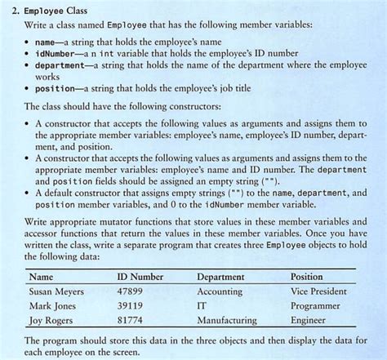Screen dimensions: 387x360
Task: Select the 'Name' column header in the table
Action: (x=41, y=278)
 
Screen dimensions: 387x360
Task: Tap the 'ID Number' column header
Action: (x=140, y=278)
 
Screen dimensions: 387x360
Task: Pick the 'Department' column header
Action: (x=220, y=278)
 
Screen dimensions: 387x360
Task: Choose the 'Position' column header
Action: (x=307, y=278)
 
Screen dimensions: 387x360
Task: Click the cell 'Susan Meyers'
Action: (x=56, y=291)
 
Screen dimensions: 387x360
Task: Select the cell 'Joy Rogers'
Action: (x=51, y=321)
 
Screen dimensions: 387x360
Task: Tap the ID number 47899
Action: (x=130, y=291)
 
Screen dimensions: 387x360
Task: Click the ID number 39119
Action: (x=130, y=306)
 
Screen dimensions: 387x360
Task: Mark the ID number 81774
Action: (x=130, y=321)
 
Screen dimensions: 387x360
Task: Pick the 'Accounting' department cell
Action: (x=220, y=291)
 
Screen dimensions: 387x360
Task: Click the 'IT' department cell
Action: (x=202, y=306)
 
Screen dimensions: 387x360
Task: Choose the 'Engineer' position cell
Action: (x=308, y=321)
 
